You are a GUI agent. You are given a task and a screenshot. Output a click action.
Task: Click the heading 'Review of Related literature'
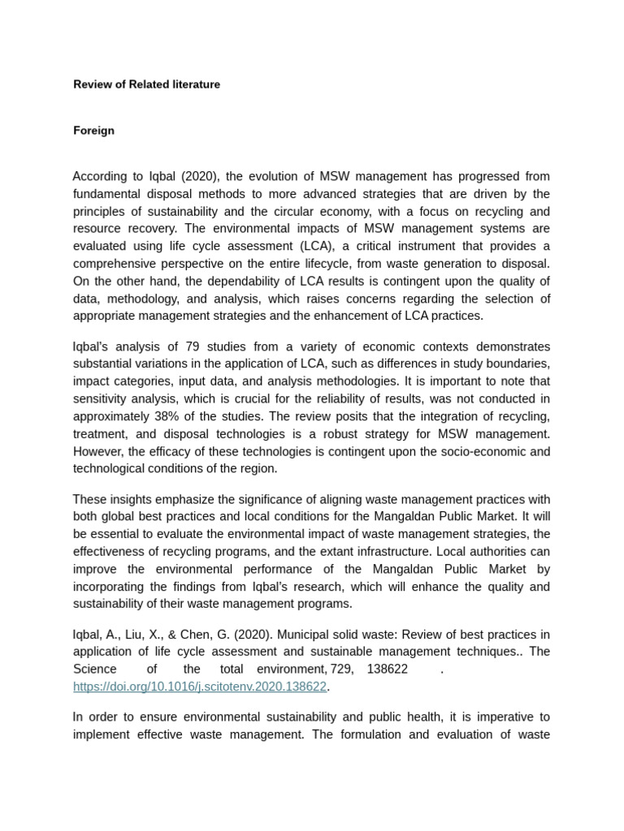coord(146,84)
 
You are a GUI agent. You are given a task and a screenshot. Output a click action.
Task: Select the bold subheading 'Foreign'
coord(93,131)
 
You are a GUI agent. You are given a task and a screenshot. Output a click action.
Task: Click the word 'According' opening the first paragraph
coord(100,177)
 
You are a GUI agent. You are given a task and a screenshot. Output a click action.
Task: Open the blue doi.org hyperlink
coord(200,687)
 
